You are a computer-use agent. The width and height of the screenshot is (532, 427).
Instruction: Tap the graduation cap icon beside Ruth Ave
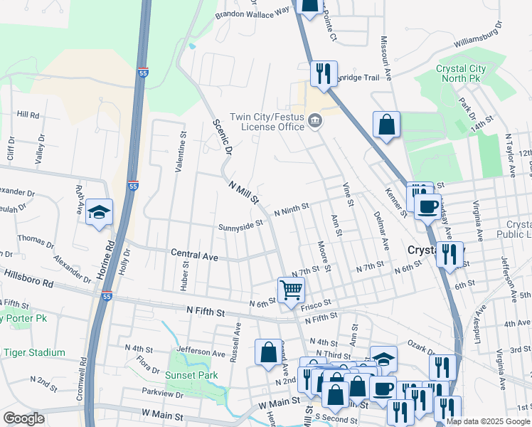(x=99, y=213)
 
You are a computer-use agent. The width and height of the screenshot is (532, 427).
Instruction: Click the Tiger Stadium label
(x=33, y=352)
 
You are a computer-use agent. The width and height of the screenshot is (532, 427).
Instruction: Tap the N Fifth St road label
(x=206, y=312)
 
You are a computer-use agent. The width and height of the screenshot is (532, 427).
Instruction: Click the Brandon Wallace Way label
(x=254, y=12)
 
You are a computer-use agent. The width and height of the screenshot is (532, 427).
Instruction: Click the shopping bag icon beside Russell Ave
(x=268, y=352)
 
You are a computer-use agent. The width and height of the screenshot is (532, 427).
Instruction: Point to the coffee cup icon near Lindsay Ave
(x=427, y=206)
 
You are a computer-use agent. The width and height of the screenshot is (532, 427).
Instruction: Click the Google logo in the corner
(x=23, y=418)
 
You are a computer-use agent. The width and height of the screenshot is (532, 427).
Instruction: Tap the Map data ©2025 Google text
(x=488, y=421)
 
